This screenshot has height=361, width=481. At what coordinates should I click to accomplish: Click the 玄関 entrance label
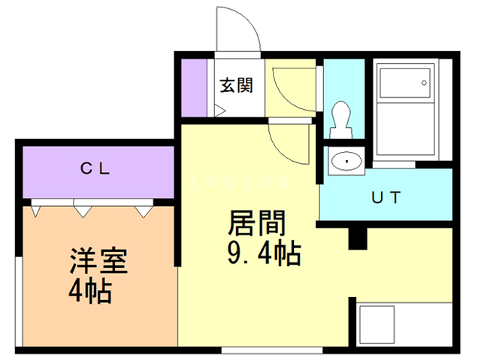click(x=237, y=85)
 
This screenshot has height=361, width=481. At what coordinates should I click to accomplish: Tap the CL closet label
click(x=95, y=168)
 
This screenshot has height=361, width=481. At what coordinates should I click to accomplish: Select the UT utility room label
click(x=386, y=197)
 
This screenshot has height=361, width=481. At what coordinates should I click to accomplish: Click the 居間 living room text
click(x=257, y=223)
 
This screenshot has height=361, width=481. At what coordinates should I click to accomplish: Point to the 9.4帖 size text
click(x=264, y=253)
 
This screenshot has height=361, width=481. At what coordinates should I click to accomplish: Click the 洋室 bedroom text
click(x=98, y=261)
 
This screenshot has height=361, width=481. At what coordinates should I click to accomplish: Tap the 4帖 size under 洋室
click(x=90, y=291)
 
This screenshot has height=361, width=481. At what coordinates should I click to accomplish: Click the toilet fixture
click(x=340, y=120)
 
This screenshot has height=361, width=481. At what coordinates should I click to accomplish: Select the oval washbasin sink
click(x=347, y=161)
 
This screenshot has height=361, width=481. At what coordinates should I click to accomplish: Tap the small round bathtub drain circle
click(x=424, y=83)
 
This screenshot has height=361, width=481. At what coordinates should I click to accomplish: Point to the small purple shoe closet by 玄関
click(x=194, y=88)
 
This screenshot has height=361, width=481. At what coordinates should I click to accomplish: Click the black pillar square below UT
click(x=358, y=238)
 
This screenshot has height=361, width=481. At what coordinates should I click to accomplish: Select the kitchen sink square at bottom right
click(x=377, y=325)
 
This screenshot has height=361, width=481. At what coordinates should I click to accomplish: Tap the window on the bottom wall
click(x=272, y=350)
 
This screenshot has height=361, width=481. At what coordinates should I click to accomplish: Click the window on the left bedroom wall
click(x=19, y=302)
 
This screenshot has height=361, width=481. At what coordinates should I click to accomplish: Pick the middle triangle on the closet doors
click(x=83, y=212)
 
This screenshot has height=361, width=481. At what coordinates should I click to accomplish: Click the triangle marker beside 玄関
click(x=219, y=111)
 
